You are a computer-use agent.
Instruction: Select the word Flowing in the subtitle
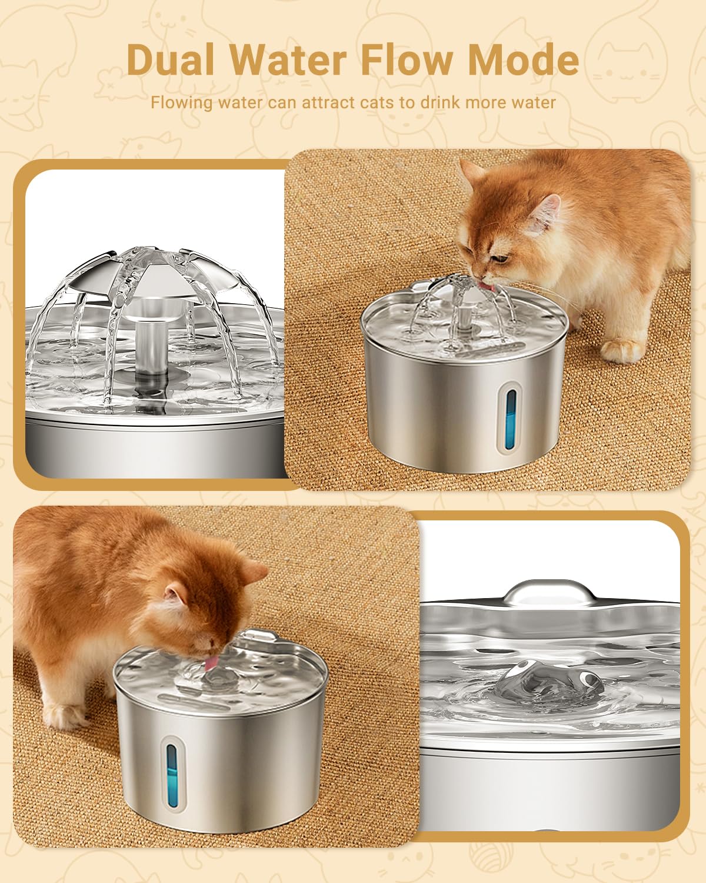point(181,102)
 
